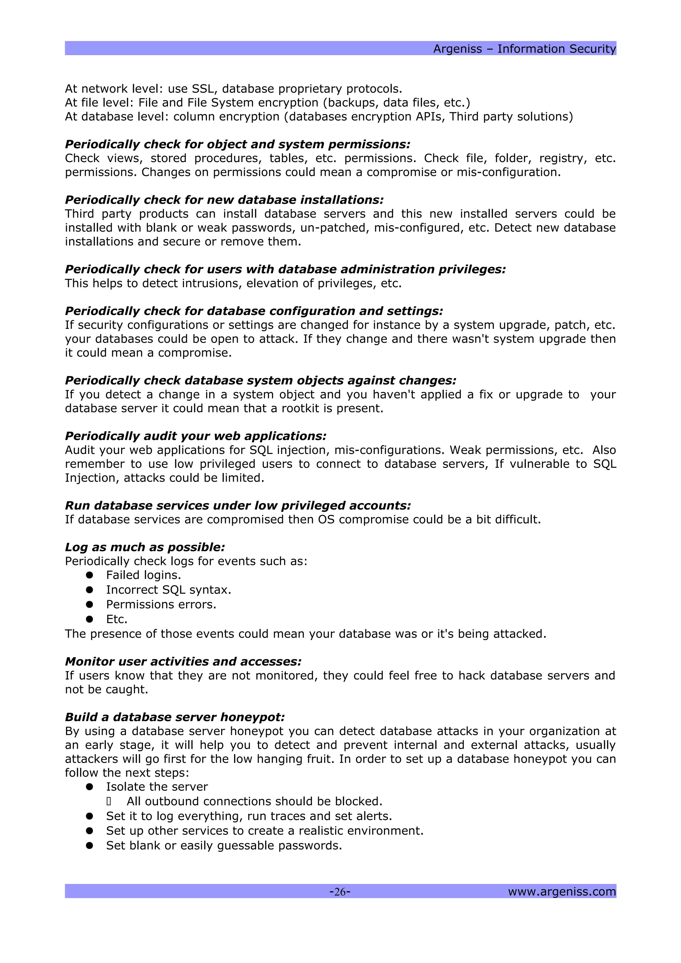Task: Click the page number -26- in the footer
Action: tap(340, 891)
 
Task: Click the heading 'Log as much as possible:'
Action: tap(145, 547)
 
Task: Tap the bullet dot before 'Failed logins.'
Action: tap(89, 575)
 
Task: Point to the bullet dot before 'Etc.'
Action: tap(89, 619)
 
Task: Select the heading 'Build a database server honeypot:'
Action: tap(175, 717)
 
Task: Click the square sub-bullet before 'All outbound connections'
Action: tap(109, 802)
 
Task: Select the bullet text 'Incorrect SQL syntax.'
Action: tap(169, 590)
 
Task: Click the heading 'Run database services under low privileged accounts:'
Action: tap(238, 505)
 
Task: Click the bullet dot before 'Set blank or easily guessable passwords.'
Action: tap(89, 846)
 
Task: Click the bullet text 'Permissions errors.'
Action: tap(161, 604)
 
